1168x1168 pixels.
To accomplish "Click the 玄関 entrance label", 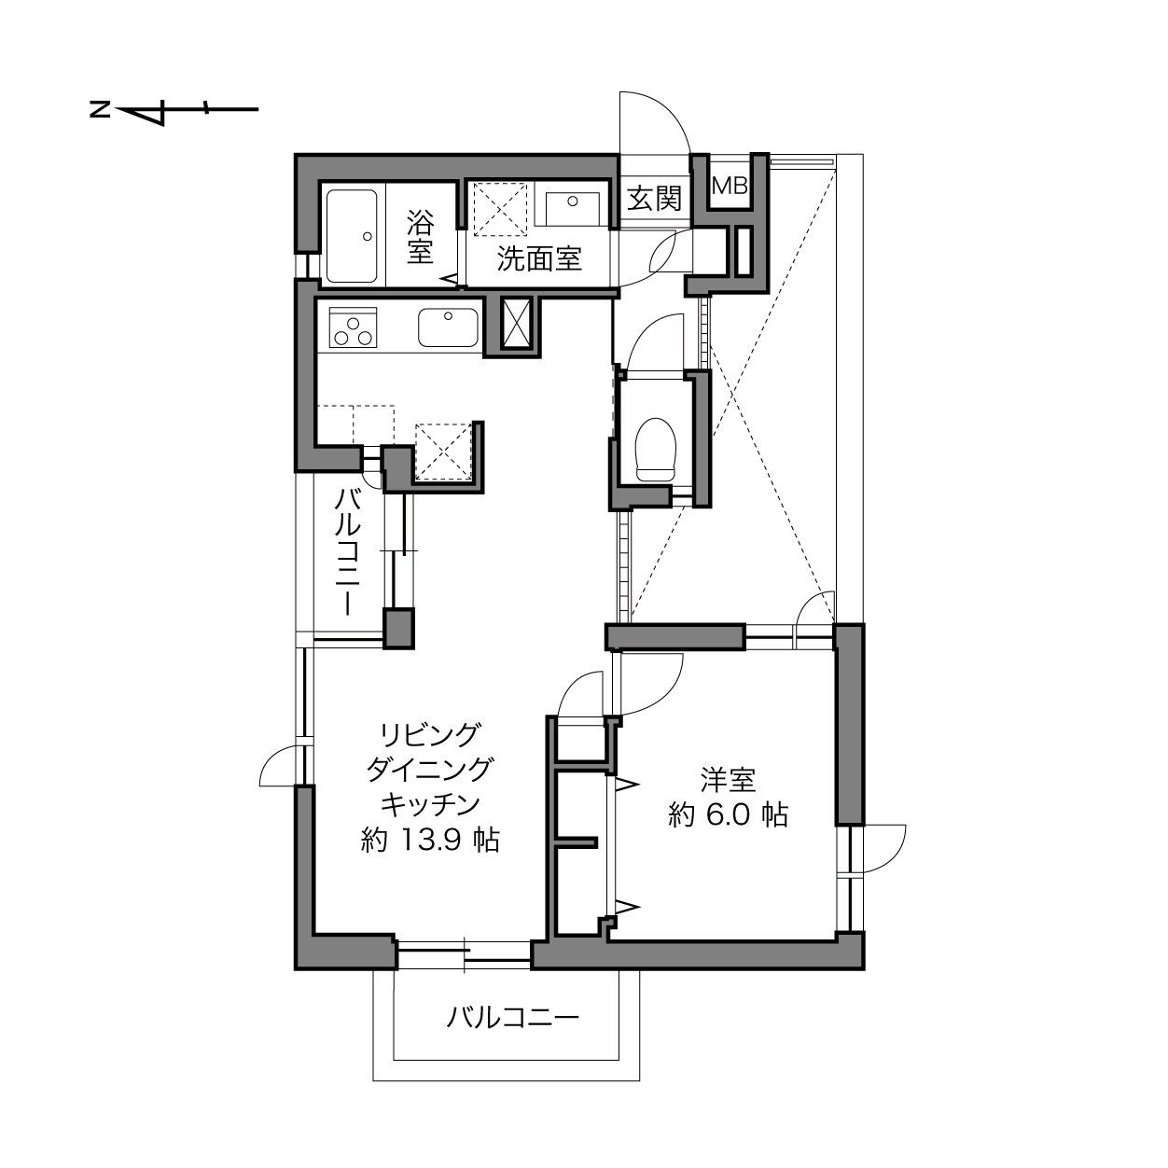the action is tap(654, 198).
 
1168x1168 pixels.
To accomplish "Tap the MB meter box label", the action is tap(730, 186).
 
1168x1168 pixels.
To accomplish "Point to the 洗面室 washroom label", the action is tap(539, 258).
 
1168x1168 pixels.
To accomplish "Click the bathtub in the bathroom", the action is tap(352, 236).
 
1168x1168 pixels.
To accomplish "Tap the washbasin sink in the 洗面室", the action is tap(572, 209).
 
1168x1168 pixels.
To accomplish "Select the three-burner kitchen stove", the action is tap(353, 327).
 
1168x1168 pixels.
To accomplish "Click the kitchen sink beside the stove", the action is tap(448, 327).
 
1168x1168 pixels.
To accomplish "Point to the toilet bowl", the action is tap(655, 449).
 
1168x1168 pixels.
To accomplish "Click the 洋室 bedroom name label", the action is tap(728, 780).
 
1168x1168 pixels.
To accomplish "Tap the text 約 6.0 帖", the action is tap(728, 815).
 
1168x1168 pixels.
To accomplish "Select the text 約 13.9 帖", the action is tap(430, 841).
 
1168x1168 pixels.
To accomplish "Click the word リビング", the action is tap(430, 735).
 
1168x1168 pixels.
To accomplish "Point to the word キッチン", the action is tap(430, 805).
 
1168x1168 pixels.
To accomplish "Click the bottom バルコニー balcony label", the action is tap(513, 1017).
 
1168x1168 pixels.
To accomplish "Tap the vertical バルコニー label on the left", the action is tap(348, 553).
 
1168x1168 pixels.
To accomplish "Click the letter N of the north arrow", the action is tap(100, 110).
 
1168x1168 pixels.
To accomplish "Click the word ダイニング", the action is tap(430, 770).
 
